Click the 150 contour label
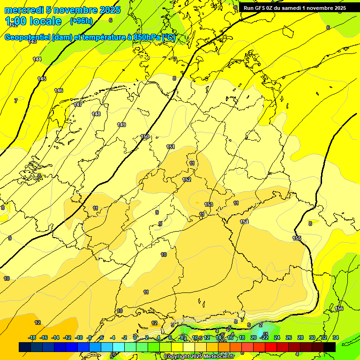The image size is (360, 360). point(145,136)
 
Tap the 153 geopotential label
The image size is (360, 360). point(209,204)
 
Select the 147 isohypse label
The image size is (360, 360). point(78,105)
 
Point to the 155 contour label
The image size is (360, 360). point(297,238)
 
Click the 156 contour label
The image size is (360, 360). point(339,308)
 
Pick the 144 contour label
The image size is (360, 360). point(37,59)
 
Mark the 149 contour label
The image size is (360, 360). point(121,125)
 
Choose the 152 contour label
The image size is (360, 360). point(187,180)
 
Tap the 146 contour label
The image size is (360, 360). point(59,90)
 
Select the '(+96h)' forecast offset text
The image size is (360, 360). point(81,21)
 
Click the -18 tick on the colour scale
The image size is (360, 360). point(32,337)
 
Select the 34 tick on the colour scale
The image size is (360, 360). point(336,337)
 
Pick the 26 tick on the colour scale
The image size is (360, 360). point(289,337)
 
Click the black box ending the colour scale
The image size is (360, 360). point(330,347)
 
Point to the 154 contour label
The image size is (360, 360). point(244,222)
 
